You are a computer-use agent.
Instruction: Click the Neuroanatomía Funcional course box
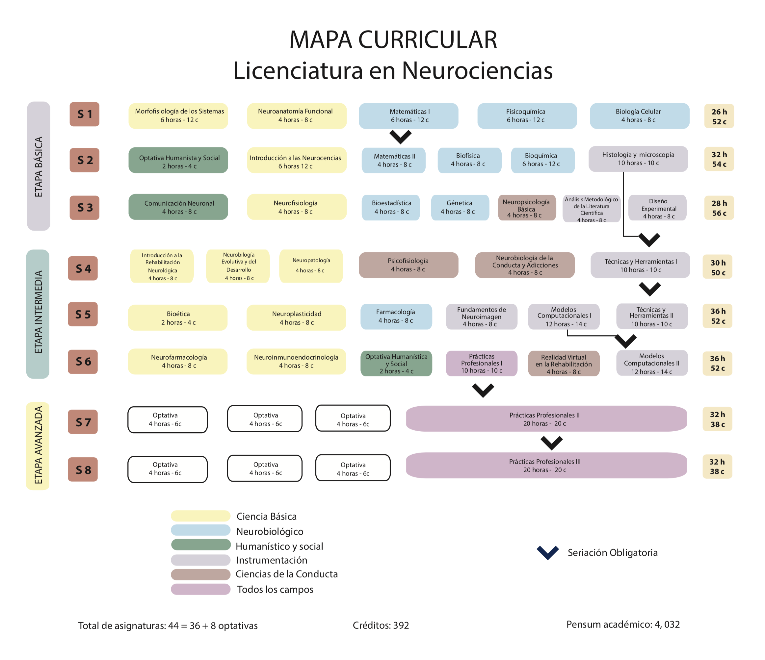[297, 116]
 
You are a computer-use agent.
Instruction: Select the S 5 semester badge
[83, 314]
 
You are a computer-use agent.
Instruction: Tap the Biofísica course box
[469, 160]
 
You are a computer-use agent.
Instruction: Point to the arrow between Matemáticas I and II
[400, 137]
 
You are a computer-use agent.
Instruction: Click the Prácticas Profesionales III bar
[546, 466]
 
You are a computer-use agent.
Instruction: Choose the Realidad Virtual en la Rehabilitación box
[564, 364]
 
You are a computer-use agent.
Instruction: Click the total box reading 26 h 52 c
[719, 116]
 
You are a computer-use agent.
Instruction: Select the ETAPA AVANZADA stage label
[38, 445]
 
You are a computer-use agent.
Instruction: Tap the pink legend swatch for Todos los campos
[200, 589]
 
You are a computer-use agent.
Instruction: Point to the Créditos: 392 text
[381, 625]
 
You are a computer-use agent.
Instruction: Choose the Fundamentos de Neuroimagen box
[482, 317]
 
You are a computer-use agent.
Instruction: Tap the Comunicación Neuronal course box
[178, 207]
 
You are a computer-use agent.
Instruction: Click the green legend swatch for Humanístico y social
[200, 545]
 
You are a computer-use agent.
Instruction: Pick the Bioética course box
[178, 317]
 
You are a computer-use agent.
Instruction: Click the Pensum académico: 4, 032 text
[623, 624]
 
